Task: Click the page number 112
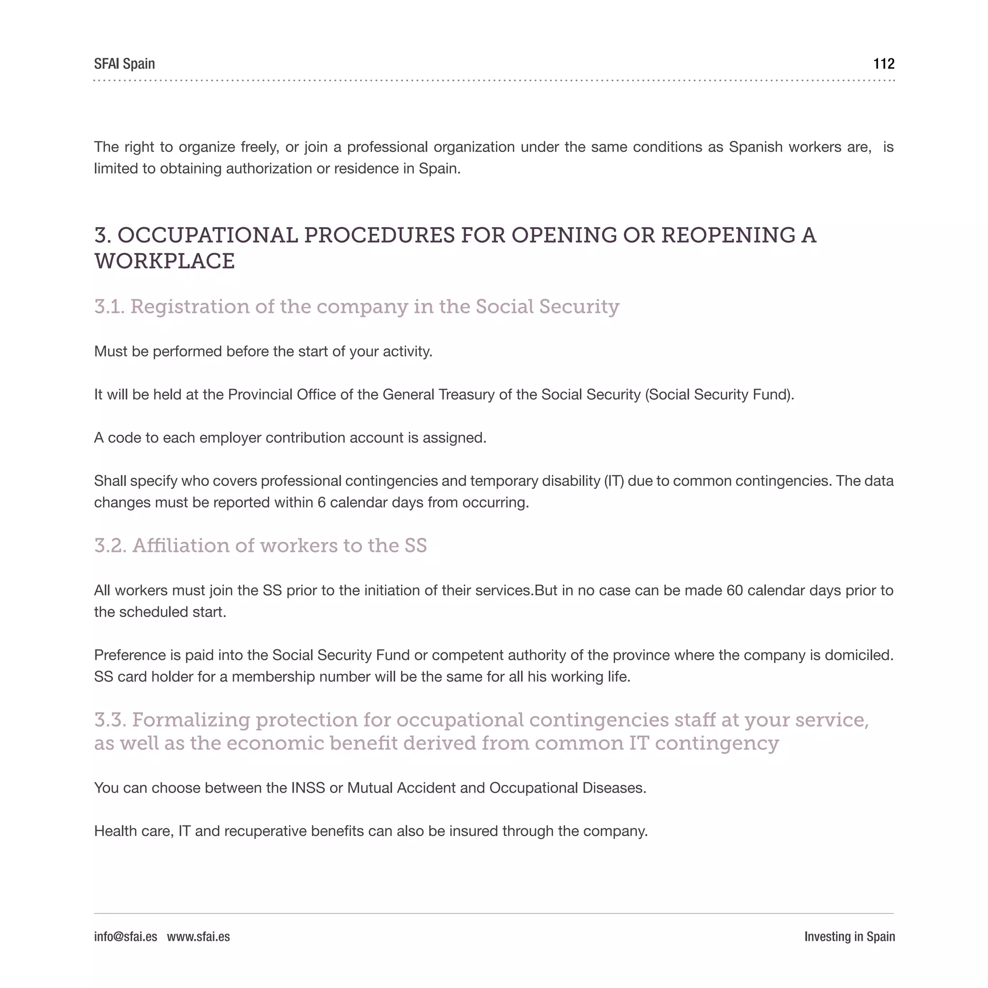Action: (884, 64)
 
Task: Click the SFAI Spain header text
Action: (124, 64)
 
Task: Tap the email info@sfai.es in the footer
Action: (125, 936)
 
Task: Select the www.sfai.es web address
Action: (198, 936)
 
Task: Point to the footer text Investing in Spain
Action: (850, 936)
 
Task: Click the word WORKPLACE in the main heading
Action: (164, 261)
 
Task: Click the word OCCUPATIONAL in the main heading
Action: (207, 235)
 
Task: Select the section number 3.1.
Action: (110, 307)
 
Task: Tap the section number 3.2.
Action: (110, 546)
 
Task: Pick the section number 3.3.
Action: (110, 720)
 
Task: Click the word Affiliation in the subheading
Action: (181, 546)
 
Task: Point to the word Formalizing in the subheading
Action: (192, 720)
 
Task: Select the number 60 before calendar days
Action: (734, 590)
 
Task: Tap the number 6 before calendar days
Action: (321, 503)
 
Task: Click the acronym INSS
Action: (308, 788)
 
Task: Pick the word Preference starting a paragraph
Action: (130, 655)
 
